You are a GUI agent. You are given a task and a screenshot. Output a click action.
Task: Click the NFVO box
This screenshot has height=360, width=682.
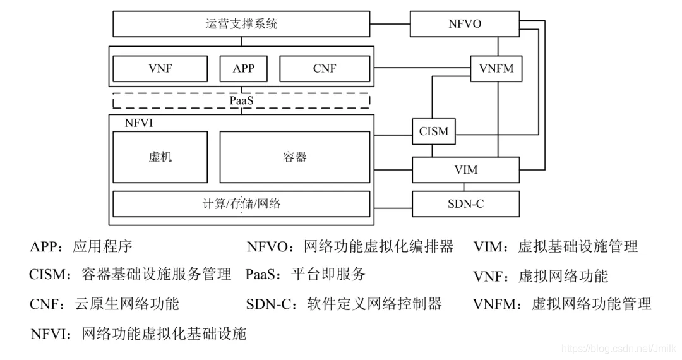click(464, 24)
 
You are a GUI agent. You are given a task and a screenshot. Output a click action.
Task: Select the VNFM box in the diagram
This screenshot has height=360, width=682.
click(497, 68)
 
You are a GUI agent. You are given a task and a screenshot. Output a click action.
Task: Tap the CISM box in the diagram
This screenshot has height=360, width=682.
click(433, 131)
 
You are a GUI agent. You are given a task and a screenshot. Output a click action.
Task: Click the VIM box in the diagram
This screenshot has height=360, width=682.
click(465, 170)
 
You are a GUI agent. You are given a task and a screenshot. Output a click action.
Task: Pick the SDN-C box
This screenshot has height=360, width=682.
click(465, 204)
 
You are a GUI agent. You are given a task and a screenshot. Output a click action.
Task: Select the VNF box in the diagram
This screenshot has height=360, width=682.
click(160, 68)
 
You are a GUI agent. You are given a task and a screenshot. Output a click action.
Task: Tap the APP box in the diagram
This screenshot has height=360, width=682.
click(243, 68)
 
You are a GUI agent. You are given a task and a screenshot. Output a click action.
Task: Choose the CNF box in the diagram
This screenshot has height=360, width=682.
click(325, 68)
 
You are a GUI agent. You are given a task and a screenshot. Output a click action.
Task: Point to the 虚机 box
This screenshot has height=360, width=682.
click(160, 157)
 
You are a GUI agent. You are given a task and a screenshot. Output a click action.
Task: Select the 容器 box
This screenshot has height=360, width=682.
click(294, 157)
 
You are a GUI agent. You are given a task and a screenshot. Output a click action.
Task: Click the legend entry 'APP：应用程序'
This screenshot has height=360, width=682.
click(81, 246)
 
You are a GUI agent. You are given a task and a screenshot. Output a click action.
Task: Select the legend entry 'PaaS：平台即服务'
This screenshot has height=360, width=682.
click(306, 274)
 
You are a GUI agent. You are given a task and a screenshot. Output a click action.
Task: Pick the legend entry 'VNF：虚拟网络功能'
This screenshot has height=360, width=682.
click(540, 276)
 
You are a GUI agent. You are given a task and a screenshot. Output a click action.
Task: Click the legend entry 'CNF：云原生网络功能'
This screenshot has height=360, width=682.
click(104, 304)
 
